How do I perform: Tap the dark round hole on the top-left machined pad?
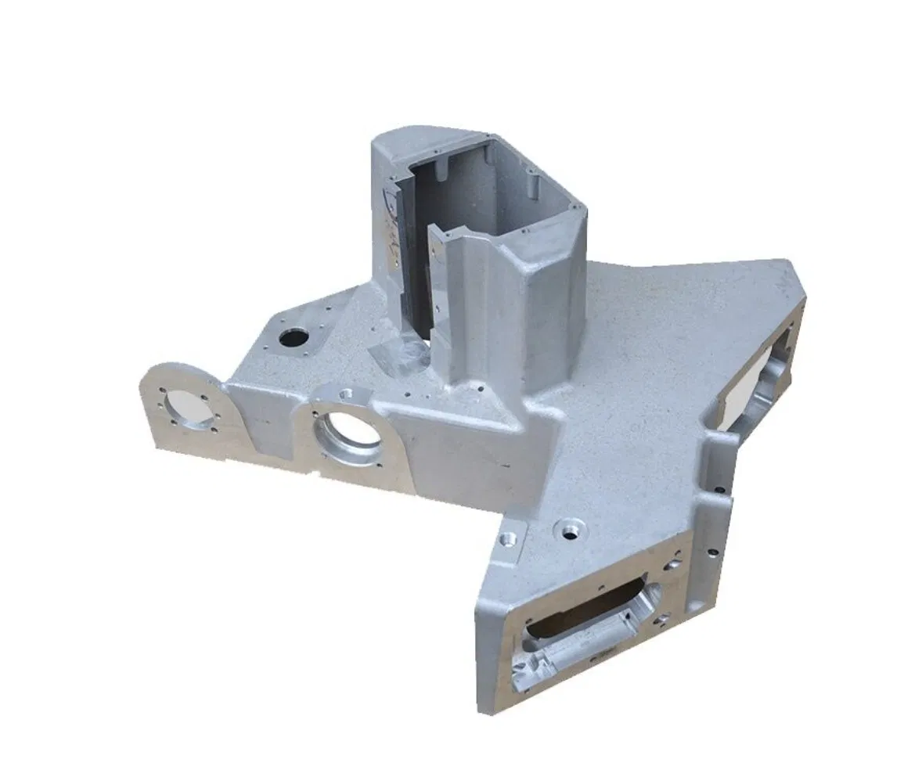pos(294,338)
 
